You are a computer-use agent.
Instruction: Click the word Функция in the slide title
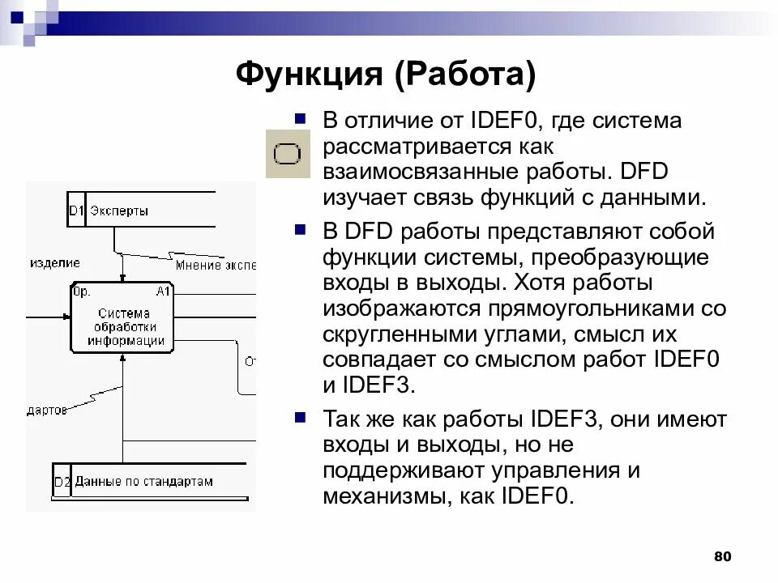point(308,76)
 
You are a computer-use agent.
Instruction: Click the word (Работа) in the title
point(465,76)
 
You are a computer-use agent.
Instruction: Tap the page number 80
point(723,556)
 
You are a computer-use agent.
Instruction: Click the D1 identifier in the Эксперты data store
point(76,211)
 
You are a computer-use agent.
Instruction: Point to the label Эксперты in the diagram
point(119,211)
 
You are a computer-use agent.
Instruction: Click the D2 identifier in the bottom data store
point(62,482)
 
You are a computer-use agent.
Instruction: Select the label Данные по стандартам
point(143,481)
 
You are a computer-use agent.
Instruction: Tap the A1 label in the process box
point(163,291)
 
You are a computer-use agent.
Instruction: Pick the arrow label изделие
point(55,263)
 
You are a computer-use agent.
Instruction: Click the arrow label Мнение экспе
point(216,265)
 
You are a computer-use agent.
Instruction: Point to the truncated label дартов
point(47,411)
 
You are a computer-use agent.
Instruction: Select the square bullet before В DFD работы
point(300,229)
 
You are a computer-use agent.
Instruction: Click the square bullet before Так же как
point(300,417)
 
